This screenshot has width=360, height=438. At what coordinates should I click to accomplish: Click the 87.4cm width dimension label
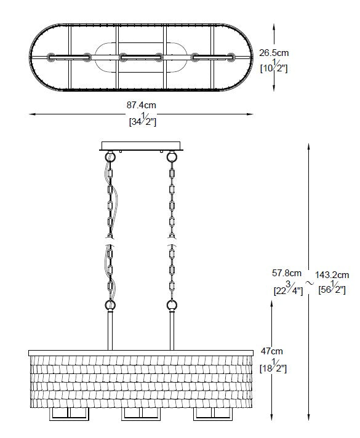tap(141, 105)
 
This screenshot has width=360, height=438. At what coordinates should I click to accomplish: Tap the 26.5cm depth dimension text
tap(274, 53)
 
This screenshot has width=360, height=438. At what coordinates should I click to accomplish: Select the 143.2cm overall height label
tap(332, 275)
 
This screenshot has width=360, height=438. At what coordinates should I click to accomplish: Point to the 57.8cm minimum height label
tap(287, 273)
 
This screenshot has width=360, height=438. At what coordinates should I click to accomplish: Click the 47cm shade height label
tap(271, 351)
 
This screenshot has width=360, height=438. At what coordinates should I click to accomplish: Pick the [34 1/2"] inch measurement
tap(143, 119)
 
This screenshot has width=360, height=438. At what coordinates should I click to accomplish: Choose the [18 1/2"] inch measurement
tap(273, 366)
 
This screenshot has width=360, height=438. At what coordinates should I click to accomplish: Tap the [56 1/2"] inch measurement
tap(332, 288)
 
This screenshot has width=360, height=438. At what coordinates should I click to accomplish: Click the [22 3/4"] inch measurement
tap(288, 289)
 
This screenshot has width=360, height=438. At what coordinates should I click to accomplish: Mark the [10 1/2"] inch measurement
tap(274, 66)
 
